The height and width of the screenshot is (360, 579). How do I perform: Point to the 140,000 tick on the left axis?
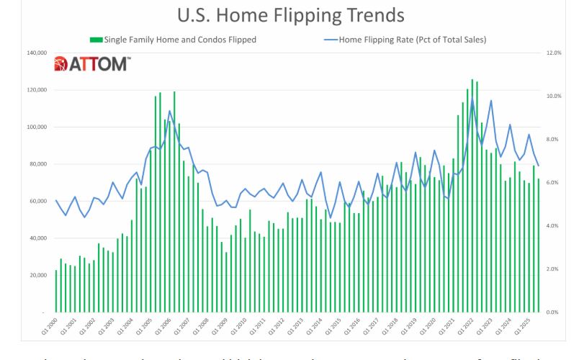pyautogui.click(x=36, y=53)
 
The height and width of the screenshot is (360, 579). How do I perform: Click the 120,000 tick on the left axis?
pyautogui.click(x=36, y=90)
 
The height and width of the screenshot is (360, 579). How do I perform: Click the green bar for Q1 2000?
pyautogui.click(x=56, y=292)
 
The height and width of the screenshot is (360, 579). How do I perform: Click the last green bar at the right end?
pyautogui.click(x=538, y=256)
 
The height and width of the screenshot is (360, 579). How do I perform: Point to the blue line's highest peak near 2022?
pyautogui.click(x=472, y=99)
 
